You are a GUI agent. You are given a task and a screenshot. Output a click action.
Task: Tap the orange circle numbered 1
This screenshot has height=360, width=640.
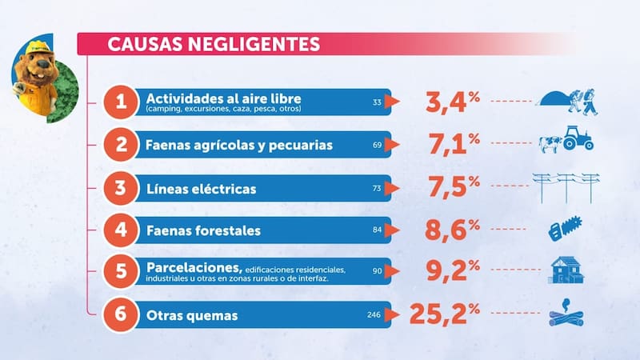coord(121,102)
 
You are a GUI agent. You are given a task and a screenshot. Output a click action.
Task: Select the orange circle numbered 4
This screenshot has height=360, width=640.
coord(121,230)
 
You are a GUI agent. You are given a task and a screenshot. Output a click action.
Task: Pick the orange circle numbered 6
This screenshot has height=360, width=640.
coord(121,315)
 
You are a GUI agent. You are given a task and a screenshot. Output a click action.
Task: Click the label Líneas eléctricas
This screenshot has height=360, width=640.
coord(201,189)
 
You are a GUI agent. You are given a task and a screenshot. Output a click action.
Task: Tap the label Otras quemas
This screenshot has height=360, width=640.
coord(192,316)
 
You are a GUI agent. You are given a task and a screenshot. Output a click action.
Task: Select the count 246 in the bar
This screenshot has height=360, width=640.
coord(374,315)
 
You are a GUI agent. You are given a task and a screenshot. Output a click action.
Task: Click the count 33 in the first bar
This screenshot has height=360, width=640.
coord(377,102)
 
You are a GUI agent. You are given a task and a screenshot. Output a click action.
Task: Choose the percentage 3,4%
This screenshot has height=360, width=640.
coord(451,102)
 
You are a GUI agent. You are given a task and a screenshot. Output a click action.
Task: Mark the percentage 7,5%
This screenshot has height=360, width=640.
coord(451,188)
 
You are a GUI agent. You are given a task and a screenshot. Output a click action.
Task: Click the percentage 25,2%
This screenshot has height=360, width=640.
coord(444,314)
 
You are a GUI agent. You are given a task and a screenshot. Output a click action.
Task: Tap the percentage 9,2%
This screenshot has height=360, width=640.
coord(451,271)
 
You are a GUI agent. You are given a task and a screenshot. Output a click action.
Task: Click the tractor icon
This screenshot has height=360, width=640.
coord(578,138)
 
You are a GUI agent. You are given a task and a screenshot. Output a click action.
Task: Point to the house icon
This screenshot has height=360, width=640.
coord(566,270)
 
